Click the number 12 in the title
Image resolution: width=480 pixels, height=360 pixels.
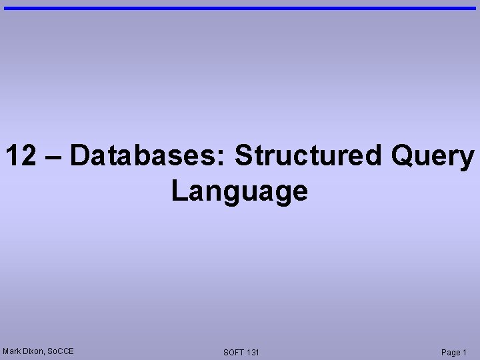click(21, 156)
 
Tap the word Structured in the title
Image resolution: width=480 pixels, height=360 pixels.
click(308, 156)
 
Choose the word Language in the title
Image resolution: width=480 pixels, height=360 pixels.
click(239, 191)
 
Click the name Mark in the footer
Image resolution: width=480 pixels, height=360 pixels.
click(12, 351)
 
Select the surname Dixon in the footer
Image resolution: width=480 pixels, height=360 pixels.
click(34, 351)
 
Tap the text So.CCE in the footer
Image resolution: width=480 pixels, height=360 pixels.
click(61, 351)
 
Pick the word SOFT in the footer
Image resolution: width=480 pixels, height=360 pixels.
click(234, 352)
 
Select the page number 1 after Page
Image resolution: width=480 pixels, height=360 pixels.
click(465, 352)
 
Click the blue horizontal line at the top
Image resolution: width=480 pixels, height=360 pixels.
click(240, 8)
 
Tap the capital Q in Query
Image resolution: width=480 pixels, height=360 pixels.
click(404, 156)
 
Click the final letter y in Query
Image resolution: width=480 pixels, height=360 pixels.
click(466, 160)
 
